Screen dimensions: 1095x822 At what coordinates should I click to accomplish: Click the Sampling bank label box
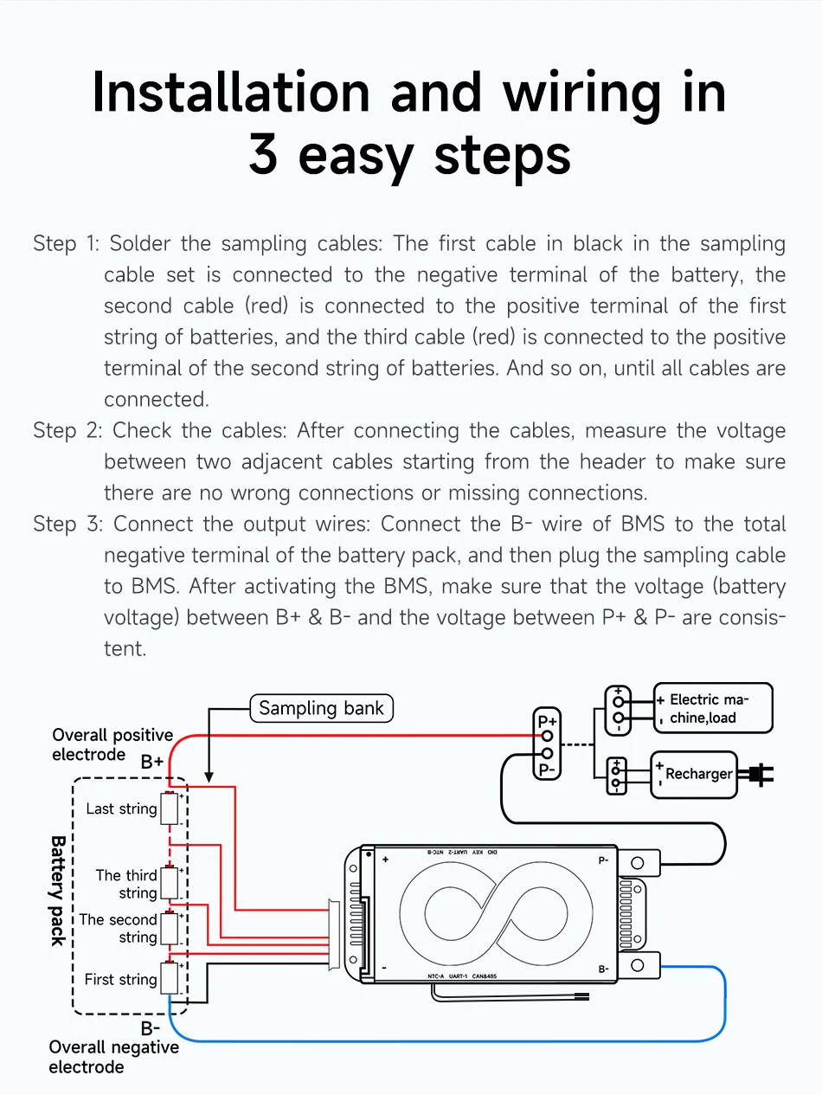(321, 708)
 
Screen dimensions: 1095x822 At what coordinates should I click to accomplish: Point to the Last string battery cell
(170, 809)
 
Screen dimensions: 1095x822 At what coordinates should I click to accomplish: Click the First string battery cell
(170, 978)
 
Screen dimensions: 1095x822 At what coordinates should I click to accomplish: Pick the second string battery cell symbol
(170, 928)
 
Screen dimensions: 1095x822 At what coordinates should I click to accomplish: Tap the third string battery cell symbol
(170, 883)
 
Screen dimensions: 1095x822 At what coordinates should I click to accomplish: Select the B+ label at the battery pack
(152, 763)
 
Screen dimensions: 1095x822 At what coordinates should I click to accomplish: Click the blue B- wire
(450, 1040)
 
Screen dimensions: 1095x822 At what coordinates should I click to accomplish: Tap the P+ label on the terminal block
(547, 721)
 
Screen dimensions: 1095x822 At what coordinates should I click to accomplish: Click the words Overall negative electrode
(112, 1057)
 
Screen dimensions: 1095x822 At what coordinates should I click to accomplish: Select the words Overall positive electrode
(112, 744)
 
